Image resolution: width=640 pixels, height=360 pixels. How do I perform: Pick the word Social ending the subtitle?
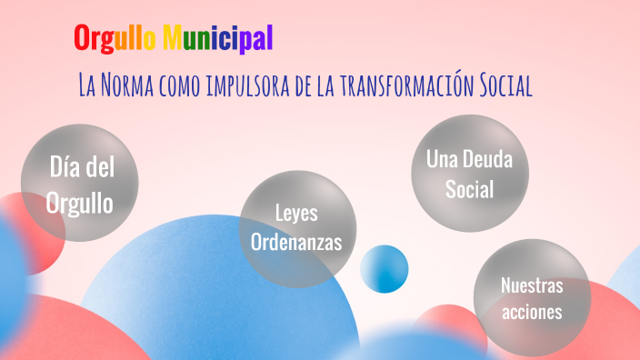click(501, 85)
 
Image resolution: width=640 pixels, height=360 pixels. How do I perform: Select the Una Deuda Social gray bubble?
click(469, 174)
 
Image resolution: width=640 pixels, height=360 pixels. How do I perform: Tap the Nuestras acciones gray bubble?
click(532, 299)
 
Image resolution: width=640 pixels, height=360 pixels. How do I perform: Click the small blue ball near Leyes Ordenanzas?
click(385, 269)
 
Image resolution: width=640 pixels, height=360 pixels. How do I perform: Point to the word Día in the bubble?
click(65, 168)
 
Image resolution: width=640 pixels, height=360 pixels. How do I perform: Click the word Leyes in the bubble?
click(296, 214)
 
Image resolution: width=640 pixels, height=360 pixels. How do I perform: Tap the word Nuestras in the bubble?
click(532, 285)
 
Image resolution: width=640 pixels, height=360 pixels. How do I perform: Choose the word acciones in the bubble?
click(532, 312)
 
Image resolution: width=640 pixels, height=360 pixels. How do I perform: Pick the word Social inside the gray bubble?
click(469, 189)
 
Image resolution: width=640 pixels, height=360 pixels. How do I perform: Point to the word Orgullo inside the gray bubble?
click(80, 201)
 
